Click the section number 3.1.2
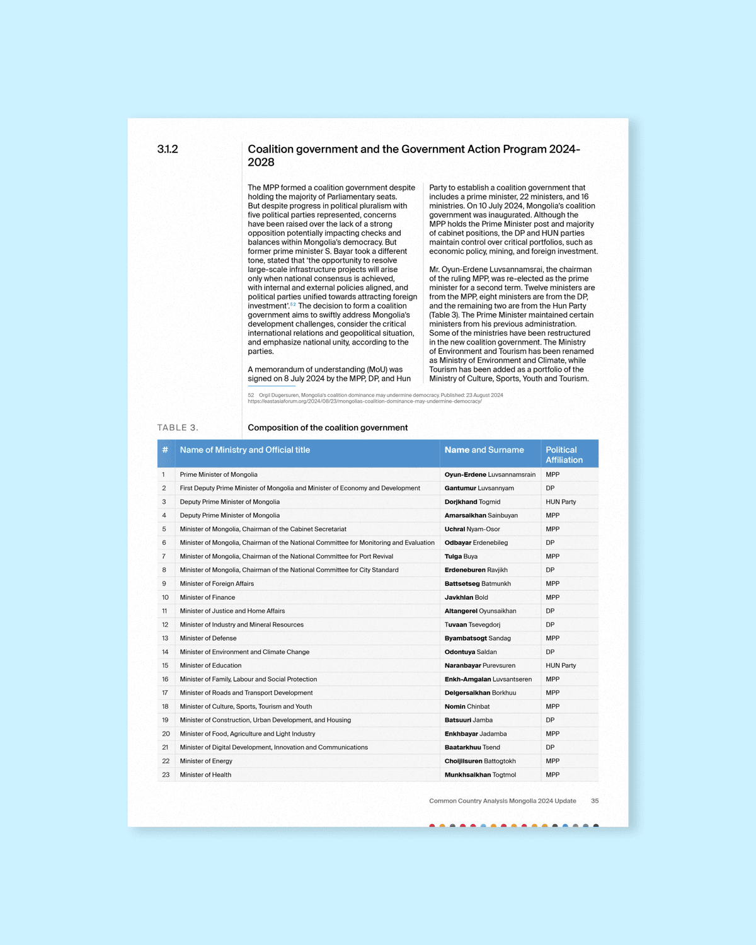coord(168,149)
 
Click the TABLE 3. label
coord(178,428)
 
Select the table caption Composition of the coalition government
coord(328,428)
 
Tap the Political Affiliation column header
coord(564,455)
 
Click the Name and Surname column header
coord(484,450)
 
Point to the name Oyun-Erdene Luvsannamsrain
coord(490,475)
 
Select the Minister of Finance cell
coord(207,598)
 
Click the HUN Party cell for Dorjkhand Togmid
coord(561,502)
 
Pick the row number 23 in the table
coord(166,775)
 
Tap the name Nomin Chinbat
coord(467,707)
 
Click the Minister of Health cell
coord(205,775)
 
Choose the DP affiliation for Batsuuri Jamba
coord(550,720)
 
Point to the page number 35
coord(595,801)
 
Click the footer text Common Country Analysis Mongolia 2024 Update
coord(503,801)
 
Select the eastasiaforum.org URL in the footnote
coord(365,401)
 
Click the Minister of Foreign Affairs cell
coord(217,584)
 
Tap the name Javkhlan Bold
coord(466,598)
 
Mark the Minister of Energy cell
coord(206,761)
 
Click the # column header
coord(165,450)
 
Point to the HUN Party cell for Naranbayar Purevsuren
coord(561,666)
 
